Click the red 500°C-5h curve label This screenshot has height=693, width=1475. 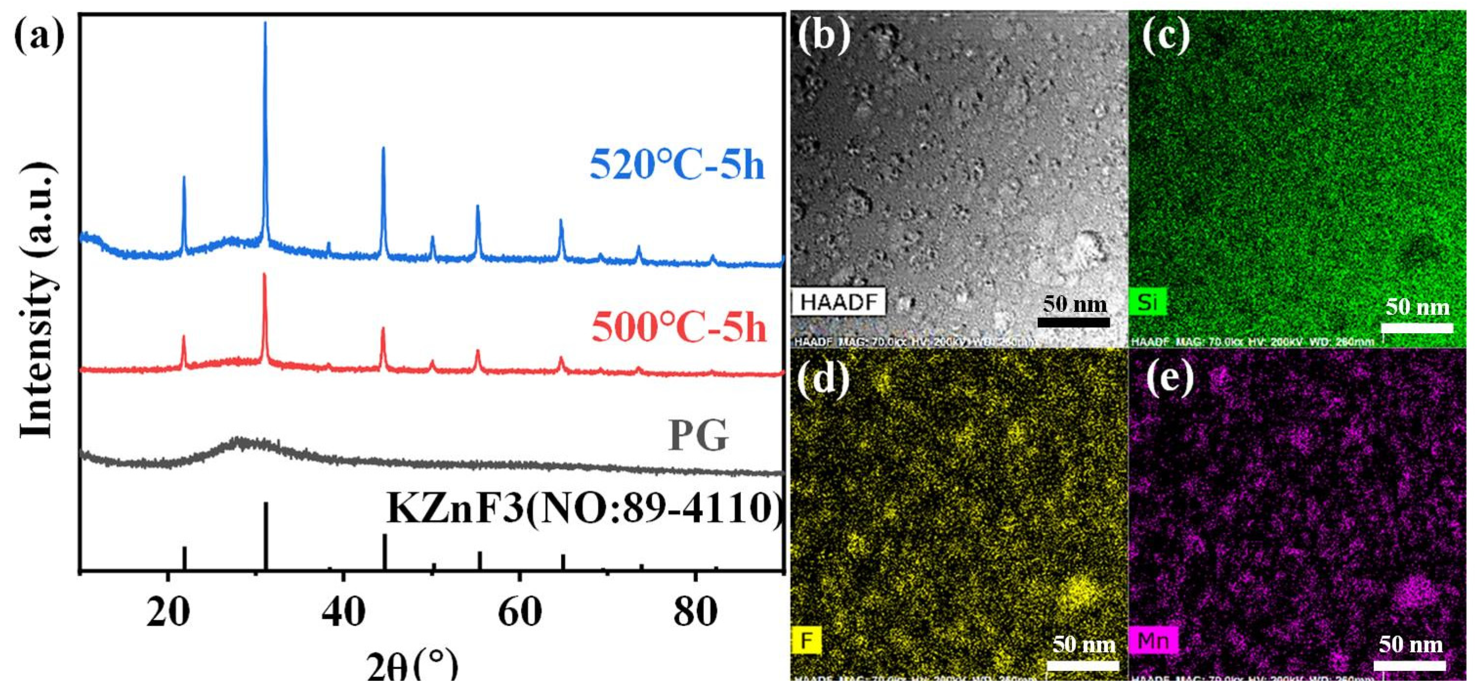[678, 327]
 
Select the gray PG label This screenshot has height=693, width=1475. [698, 436]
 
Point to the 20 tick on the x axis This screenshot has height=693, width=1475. [168, 612]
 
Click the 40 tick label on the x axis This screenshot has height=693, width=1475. [343, 612]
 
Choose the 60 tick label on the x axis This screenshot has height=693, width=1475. [519, 612]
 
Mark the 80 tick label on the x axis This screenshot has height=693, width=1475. [695, 612]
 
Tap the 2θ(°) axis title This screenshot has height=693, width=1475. [412, 666]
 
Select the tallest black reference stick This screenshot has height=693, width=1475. [265, 536]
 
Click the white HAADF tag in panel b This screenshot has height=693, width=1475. [839, 302]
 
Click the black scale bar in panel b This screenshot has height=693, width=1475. [1074, 322]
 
